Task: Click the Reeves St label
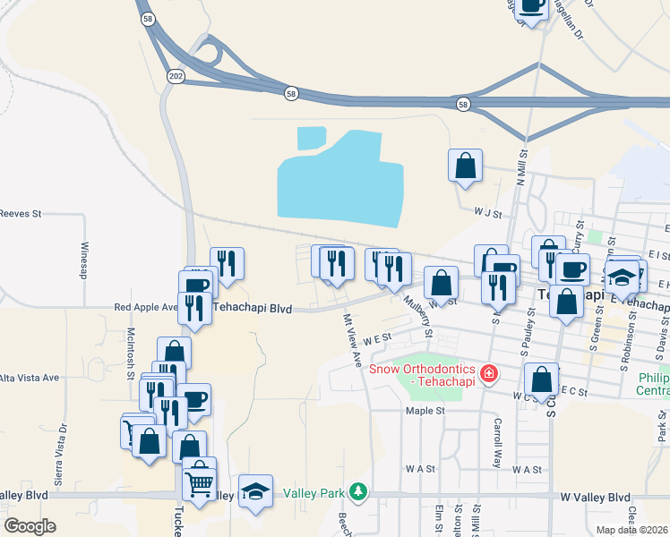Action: click(21, 214)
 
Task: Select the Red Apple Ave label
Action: click(146, 307)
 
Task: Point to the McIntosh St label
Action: click(131, 343)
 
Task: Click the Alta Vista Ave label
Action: click(30, 378)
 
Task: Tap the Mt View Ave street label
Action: click(352, 339)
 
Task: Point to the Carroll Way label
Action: click(496, 442)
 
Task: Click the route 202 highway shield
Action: click(176, 77)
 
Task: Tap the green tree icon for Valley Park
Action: click(358, 492)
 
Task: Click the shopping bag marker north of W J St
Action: click(465, 166)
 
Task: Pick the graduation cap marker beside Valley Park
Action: click(255, 490)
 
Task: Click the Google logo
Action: click(30, 526)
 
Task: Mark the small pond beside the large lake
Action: click(311, 138)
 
